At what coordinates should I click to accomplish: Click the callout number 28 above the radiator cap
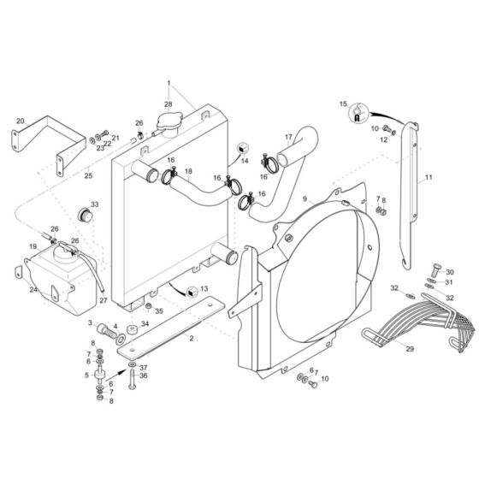point(169,103)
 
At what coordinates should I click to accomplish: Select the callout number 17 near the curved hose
point(288,136)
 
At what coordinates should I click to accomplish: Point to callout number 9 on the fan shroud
point(303,198)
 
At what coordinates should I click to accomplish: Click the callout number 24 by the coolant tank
point(33,289)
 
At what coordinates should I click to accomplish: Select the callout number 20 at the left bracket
point(20,121)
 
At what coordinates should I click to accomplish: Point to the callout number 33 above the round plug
point(95,204)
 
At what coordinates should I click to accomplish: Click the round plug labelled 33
point(86,211)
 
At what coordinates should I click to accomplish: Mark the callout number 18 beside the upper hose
point(188,171)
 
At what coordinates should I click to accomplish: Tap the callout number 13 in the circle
point(204,289)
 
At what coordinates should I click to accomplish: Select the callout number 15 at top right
point(345,104)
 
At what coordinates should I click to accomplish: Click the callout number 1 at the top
point(170,84)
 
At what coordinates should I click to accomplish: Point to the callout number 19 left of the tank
point(33,246)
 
